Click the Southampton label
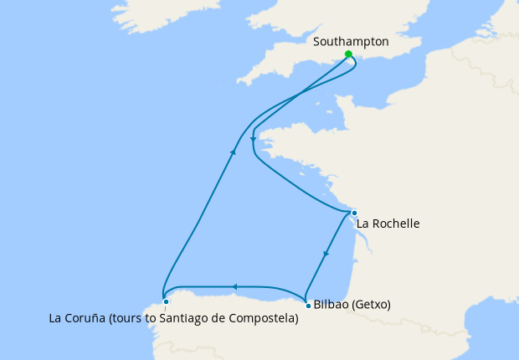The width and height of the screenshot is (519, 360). click(x=350, y=41)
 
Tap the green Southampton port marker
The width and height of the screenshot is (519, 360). click(x=348, y=54)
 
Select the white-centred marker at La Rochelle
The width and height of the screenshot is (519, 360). click(x=354, y=213)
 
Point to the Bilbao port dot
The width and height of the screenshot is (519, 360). click(x=309, y=305)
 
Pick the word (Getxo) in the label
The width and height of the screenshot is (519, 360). click(x=373, y=304)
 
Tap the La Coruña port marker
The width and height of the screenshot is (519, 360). click(x=166, y=301)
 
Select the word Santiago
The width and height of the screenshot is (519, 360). click(x=181, y=318)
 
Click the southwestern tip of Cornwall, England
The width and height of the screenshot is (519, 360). click(x=240, y=81)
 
